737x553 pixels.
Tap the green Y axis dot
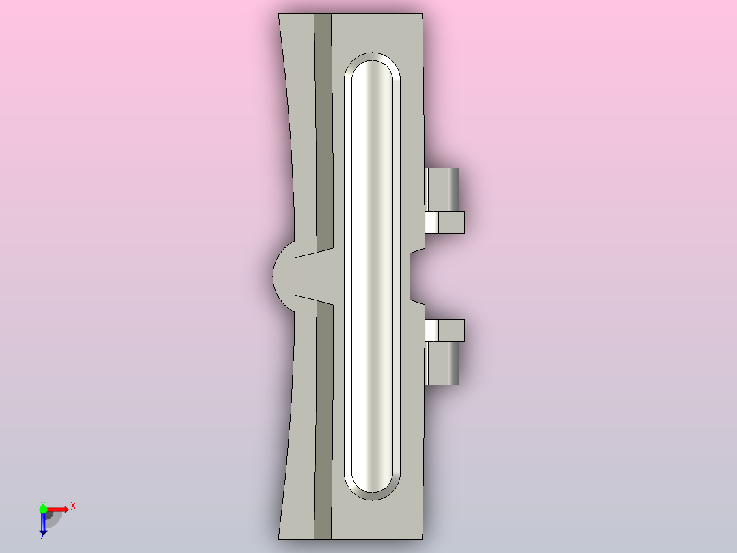click(43, 509)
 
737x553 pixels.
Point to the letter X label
click(73, 506)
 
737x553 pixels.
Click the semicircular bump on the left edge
click(284, 276)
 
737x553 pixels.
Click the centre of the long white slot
click(372, 276)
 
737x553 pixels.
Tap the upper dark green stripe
click(323, 132)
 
